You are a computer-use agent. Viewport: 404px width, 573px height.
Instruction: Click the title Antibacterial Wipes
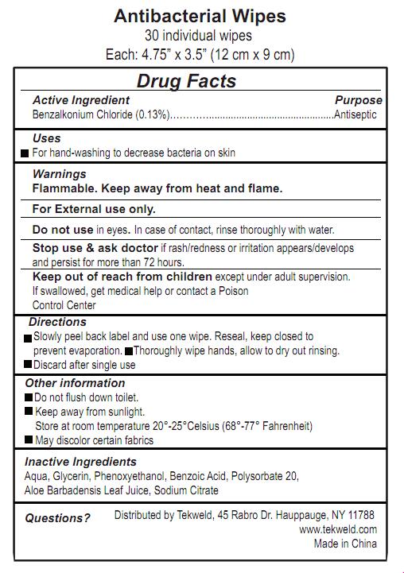(x=200, y=16)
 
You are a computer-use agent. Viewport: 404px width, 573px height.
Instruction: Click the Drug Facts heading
(x=186, y=80)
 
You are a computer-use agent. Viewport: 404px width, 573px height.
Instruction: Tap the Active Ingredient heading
(x=80, y=100)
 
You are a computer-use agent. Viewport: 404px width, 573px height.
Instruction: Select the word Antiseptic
(x=355, y=114)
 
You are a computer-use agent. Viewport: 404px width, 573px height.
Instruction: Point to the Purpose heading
(x=358, y=100)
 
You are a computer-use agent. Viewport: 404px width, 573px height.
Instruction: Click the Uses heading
(x=46, y=138)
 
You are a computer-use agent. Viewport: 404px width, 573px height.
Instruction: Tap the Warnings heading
(x=59, y=174)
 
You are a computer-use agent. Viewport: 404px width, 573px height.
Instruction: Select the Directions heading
(x=57, y=322)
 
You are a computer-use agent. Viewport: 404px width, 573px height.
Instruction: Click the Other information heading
(x=75, y=383)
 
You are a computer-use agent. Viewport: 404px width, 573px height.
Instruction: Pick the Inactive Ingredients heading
(x=80, y=462)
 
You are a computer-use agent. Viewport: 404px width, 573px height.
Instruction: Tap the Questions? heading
(x=57, y=518)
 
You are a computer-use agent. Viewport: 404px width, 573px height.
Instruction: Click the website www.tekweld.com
(x=338, y=529)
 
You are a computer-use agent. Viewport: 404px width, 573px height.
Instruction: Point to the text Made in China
(x=345, y=544)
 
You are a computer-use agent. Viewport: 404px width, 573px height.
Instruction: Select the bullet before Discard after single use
(x=28, y=366)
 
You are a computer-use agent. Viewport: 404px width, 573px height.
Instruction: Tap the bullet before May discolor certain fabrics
(x=29, y=440)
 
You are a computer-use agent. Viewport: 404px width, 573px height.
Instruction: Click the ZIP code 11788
(x=361, y=515)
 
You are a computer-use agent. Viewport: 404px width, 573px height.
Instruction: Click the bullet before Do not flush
(x=29, y=397)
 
